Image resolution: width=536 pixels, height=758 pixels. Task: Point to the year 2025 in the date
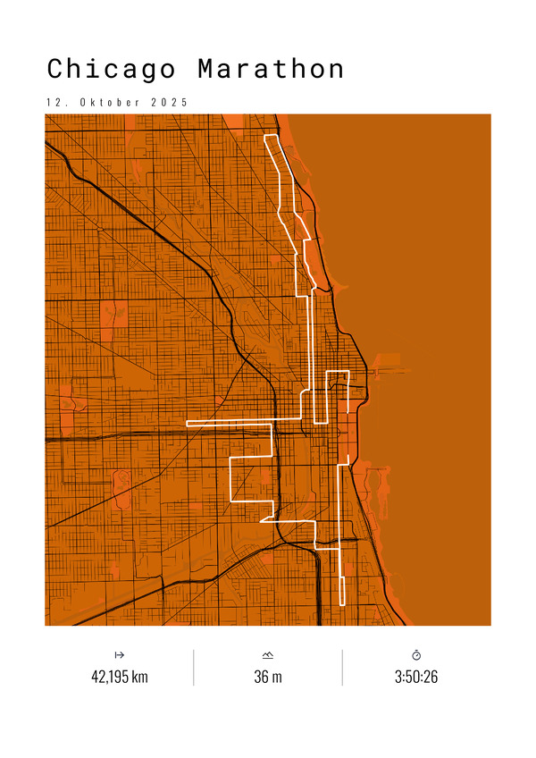[170, 102]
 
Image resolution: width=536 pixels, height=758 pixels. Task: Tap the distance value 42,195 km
[120, 677]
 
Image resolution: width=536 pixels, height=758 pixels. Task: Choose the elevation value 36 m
[268, 677]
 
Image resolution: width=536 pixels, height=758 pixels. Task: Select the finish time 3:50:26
[416, 677]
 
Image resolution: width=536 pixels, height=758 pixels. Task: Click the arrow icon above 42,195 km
[120, 655]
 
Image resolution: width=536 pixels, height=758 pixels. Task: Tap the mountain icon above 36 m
[268, 655]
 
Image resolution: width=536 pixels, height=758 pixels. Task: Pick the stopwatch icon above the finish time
[416, 655]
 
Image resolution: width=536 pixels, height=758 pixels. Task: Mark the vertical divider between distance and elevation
[194, 667]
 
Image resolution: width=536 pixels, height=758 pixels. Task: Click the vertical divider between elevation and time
[342, 667]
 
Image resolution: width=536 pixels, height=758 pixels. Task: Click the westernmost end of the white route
[187, 421]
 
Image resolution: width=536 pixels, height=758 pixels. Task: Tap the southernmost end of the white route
[342, 605]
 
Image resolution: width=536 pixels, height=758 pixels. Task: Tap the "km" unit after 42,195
[139, 677]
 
